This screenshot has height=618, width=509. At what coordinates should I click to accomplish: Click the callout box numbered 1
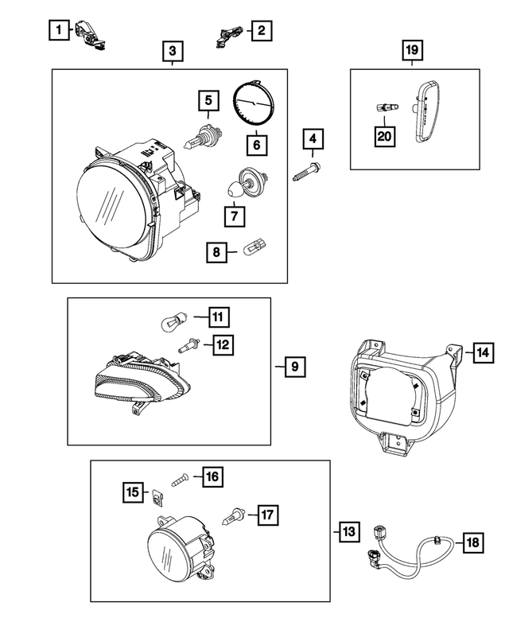(x=56, y=31)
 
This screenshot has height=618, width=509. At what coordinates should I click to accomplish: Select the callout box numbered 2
(x=260, y=31)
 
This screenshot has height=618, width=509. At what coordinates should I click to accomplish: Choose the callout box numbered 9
(x=293, y=367)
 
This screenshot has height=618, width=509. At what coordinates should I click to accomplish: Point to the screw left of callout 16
(x=180, y=479)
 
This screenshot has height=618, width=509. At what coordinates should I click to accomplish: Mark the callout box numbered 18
(x=472, y=543)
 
